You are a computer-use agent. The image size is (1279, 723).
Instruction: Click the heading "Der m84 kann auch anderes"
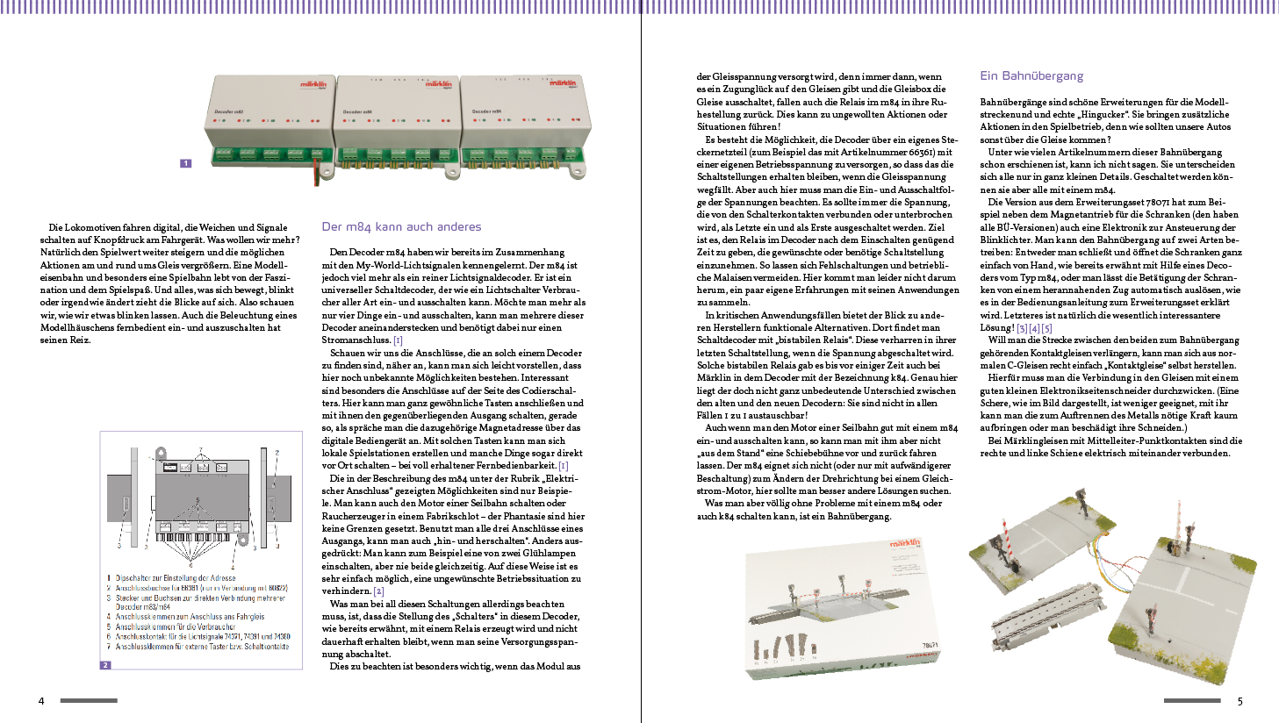coord(401,226)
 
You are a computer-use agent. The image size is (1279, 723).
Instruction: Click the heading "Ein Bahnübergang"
coord(1031,75)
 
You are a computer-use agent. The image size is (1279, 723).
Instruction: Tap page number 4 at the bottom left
coord(41,701)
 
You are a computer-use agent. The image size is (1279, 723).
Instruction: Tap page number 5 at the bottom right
coord(1240,701)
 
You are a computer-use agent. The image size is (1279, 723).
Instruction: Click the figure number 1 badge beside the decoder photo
coord(185,163)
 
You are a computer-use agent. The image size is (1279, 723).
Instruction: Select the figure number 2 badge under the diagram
coord(105,665)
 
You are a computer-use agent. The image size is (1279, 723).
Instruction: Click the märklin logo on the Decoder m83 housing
coord(313,85)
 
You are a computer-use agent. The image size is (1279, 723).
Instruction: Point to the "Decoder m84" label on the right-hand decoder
coord(486,111)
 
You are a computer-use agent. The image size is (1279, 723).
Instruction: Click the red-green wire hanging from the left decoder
coord(318,171)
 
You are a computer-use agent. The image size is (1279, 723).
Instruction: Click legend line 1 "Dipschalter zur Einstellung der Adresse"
coord(176,578)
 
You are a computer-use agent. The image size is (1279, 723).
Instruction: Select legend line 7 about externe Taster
coord(202,647)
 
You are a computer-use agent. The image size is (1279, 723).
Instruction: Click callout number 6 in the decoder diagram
coord(191,565)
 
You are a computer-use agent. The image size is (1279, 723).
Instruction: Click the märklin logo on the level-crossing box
coord(905,544)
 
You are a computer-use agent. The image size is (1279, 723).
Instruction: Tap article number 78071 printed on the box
coord(930,645)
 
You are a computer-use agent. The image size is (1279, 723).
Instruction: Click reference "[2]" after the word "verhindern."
coord(378,591)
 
